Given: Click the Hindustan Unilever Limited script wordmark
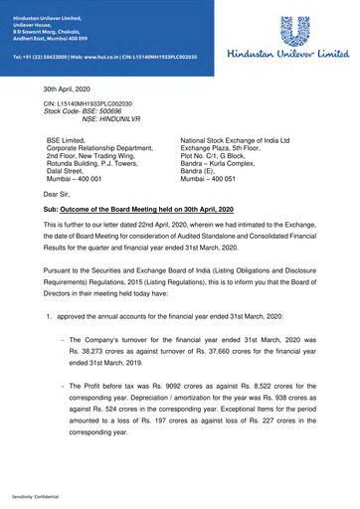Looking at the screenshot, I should pyautogui.click(x=299, y=53).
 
